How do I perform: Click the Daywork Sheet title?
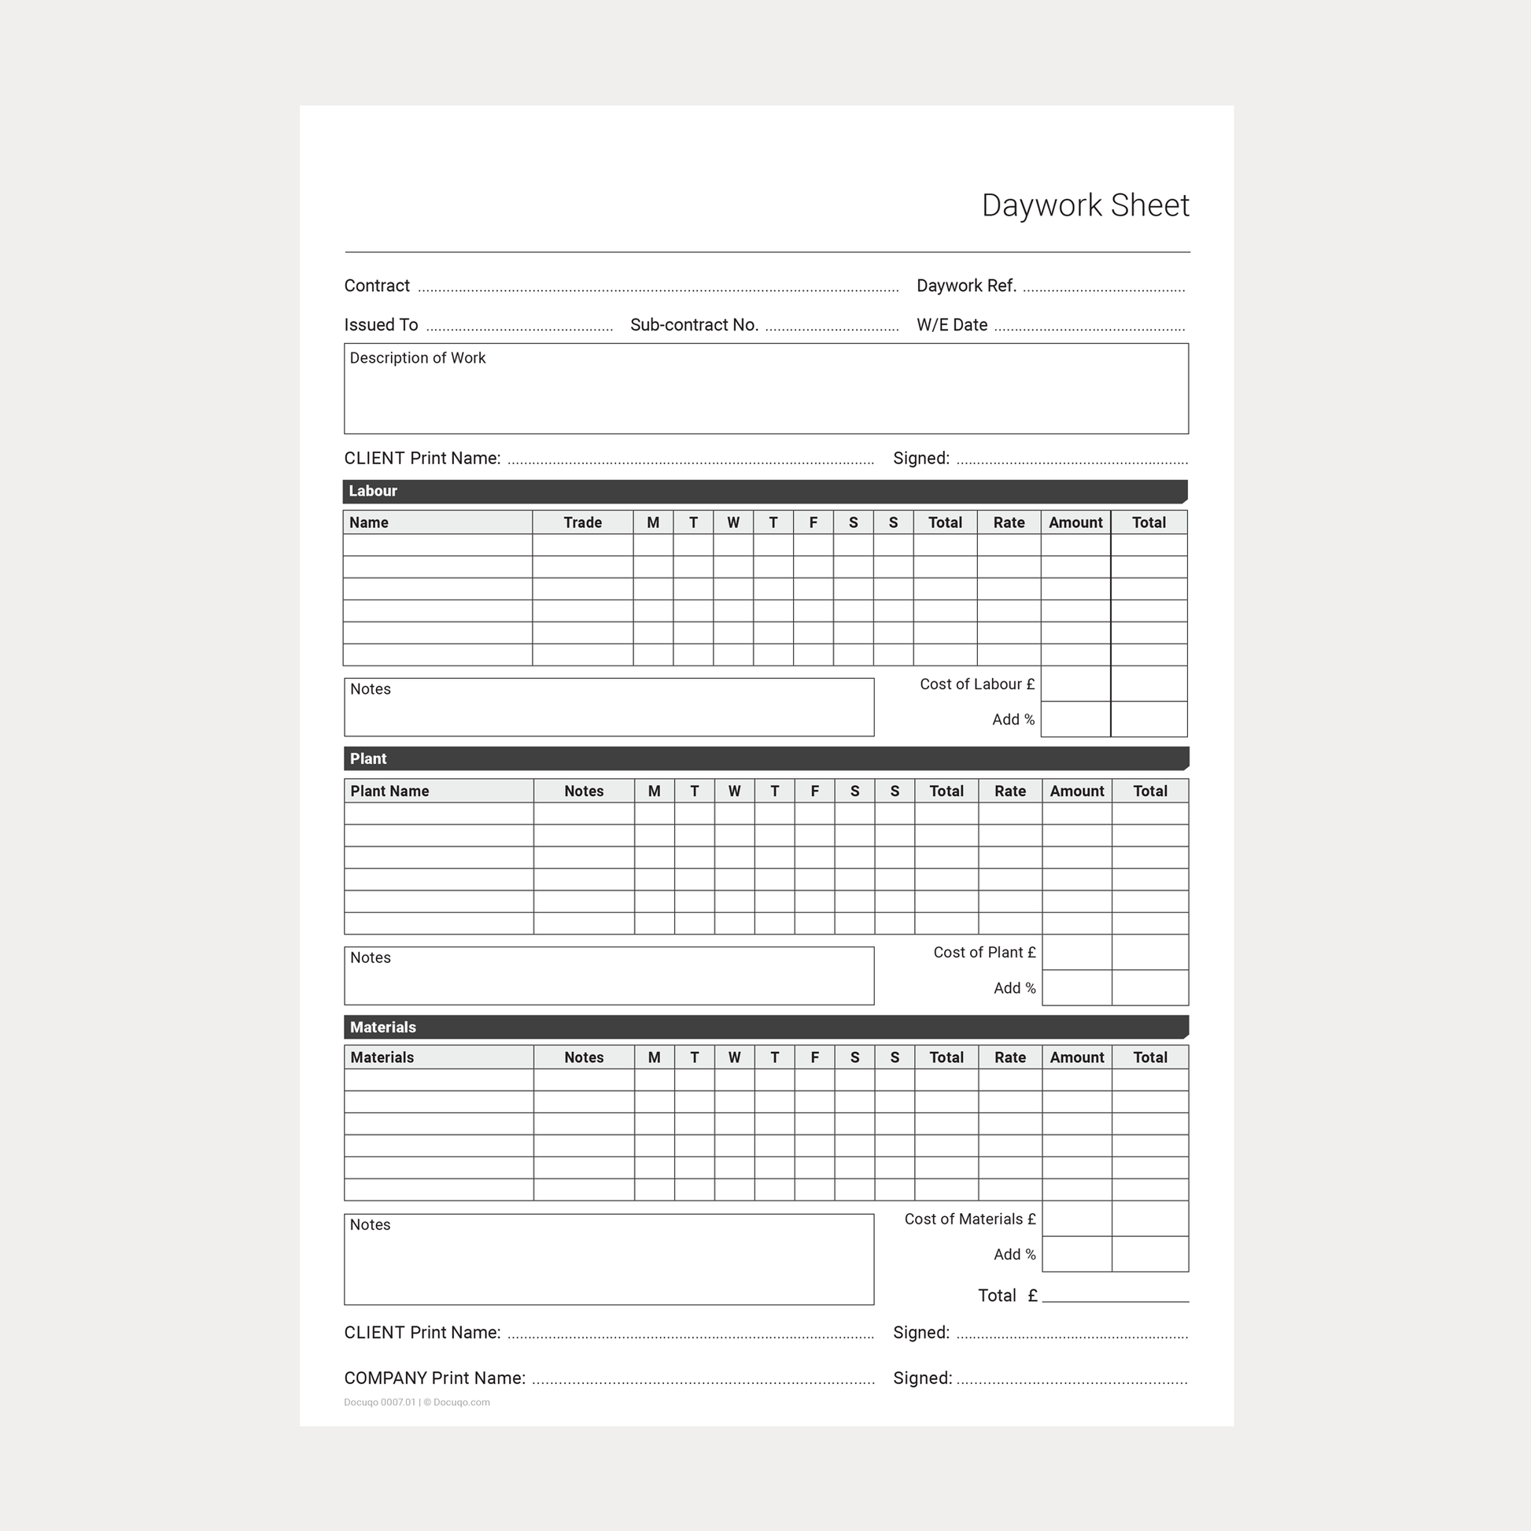(x=1085, y=205)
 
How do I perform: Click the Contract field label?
(x=376, y=286)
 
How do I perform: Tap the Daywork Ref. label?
(x=966, y=286)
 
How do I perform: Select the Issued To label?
(x=380, y=325)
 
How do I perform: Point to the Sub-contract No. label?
(x=694, y=325)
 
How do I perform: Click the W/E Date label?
(x=952, y=325)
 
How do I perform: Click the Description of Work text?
(x=418, y=358)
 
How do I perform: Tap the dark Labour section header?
(x=765, y=491)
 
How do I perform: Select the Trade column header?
(x=582, y=522)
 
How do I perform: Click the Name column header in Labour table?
(x=369, y=522)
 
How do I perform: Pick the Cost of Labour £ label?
(x=976, y=684)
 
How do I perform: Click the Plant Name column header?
(x=390, y=791)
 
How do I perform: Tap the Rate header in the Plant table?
(x=1009, y=791)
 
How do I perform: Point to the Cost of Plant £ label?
(x=983, y=953)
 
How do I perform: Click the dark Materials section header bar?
(x=765, y=1027)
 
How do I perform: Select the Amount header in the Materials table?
(x=1076, y=1057)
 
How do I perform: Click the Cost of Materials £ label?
(x=969, y=1219)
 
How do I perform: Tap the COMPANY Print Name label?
(x=434, y=1378)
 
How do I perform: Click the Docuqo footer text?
(x=417, y=1402)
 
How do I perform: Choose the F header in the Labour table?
(x=813, y=522)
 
